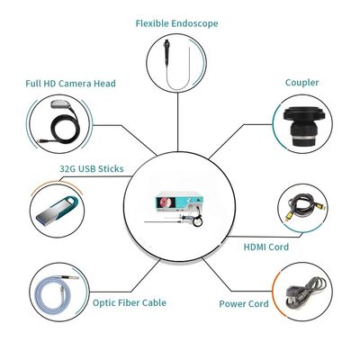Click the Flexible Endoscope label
[x=176, y=23]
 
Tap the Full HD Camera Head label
[x=70, y=83]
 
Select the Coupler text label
[x=301, y=83]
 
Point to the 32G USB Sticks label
[x=92, y=168]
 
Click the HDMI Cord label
[x=266, y=247]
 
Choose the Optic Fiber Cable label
[x=130, y=302]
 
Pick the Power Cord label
[x=244, y=303]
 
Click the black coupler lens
[x=304, y=126]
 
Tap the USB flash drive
[x=58, y=210]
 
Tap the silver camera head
[x=61, y=103]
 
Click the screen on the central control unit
[x=168, y=202]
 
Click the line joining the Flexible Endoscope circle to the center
[x=177, y=121]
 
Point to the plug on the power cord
[x=294, y=292]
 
